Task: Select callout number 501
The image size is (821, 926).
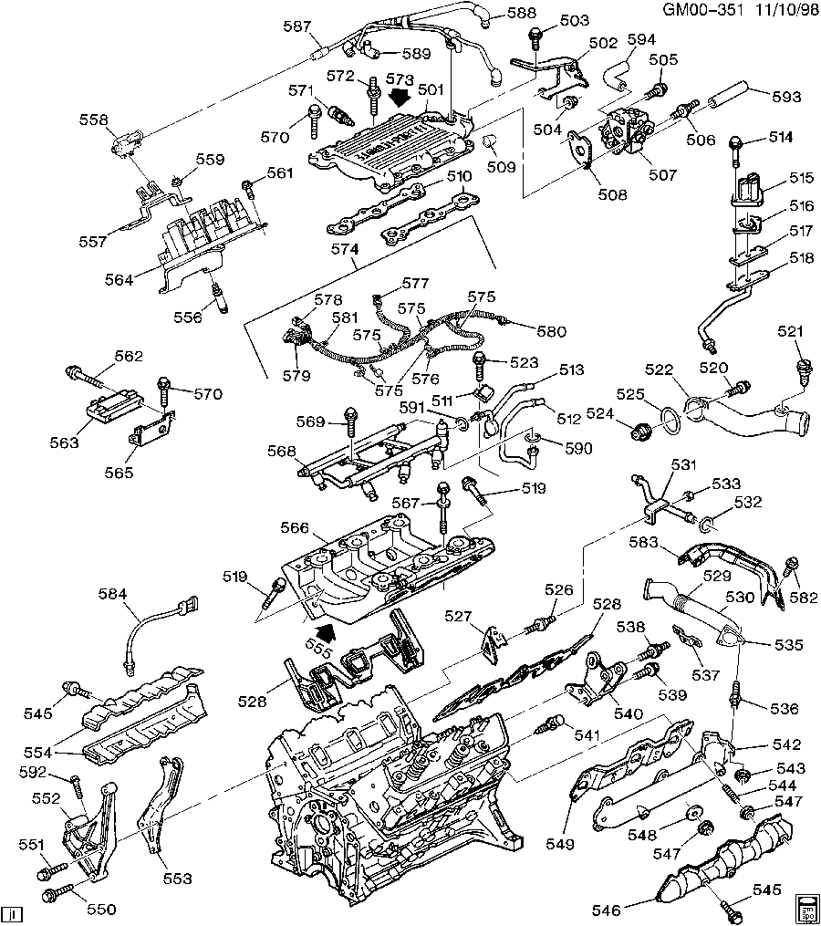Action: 430,89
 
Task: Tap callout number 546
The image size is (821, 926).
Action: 605,910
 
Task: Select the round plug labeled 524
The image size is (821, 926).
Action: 641,428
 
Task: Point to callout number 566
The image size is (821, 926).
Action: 295,528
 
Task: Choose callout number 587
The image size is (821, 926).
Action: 297,27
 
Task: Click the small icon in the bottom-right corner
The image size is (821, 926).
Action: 806,907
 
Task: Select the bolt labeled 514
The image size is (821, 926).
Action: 735,143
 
